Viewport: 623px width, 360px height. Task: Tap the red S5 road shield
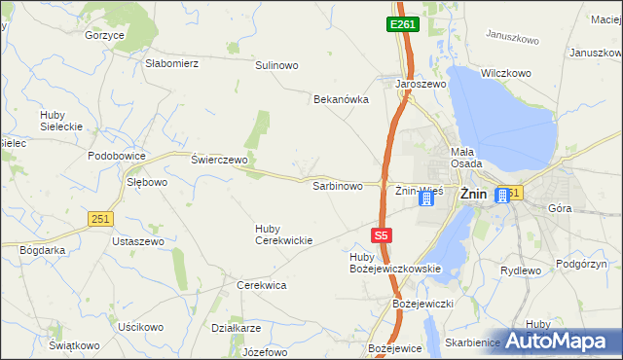point(383,235)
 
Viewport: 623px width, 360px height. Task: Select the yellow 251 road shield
point(99,220)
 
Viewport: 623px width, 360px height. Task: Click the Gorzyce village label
point(105,35)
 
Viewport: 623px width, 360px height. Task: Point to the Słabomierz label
point(172,63)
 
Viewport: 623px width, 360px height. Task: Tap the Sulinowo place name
point(276,65)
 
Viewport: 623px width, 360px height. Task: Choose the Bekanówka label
point(342,99)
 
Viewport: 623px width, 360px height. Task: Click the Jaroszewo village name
point(420,85)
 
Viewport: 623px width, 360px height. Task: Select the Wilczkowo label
point(505,73)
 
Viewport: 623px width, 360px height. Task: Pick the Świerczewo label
point(220,160)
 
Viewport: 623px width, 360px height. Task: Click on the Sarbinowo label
point(337,185)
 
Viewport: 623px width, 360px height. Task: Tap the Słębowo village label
point(148,182)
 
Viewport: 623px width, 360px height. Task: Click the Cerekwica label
point(261,285)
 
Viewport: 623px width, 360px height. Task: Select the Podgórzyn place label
point(583,264)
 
